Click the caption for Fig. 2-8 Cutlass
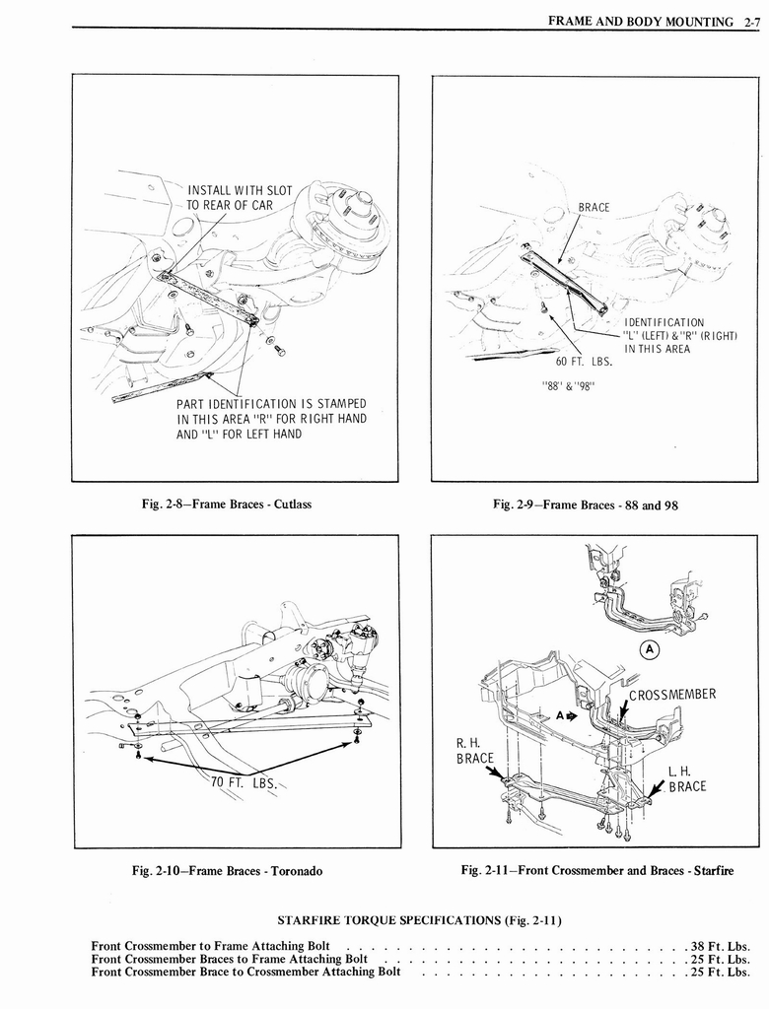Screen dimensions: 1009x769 pyautogui.click(x=227, y=504)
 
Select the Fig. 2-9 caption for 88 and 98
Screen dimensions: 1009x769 pyautogui.click(x=586, y=504)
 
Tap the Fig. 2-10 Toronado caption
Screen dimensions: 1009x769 pyautogui.click(x=228, y=871)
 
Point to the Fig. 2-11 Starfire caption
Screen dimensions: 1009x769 pyautogui.click(x=596, y=870)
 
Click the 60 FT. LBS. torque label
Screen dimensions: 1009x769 pyautogui.click(x=584, y=360)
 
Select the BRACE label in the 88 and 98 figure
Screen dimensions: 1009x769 pyautogui.click(x=594, y=207)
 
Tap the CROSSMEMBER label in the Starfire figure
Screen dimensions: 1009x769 pyautogui.click(x=672, y=694)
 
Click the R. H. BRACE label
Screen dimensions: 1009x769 pyautogui.click(x=474, y=751)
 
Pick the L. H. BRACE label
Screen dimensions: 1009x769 pyautogui.click(x=686, y=778)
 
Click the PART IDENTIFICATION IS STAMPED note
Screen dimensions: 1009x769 pyautogui.click(x=270, y=419)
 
